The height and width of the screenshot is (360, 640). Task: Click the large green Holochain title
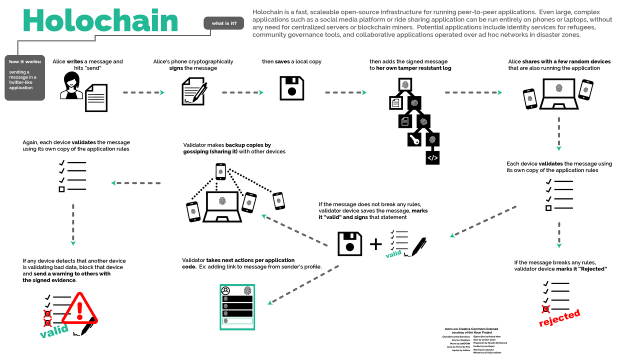click(100, 21)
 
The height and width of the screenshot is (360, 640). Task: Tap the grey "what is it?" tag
click(224, 23)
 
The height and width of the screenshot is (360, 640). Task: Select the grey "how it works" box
click(24, 77)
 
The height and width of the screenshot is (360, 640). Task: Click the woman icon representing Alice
click(71, 85)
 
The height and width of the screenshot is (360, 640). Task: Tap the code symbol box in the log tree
click(432, 157)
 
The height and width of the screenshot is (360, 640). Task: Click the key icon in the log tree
click(414, 139)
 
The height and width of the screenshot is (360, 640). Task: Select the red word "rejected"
click(559, 317)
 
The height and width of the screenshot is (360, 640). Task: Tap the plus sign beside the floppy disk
click(375, 244)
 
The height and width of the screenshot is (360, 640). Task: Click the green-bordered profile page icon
click(237, 307)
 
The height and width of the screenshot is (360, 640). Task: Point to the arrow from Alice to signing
click(143, 92)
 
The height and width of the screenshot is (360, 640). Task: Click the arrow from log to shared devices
click(473, 92)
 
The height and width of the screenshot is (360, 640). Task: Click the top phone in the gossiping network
click(220, 171)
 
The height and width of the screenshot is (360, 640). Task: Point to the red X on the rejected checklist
click(545, 309)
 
